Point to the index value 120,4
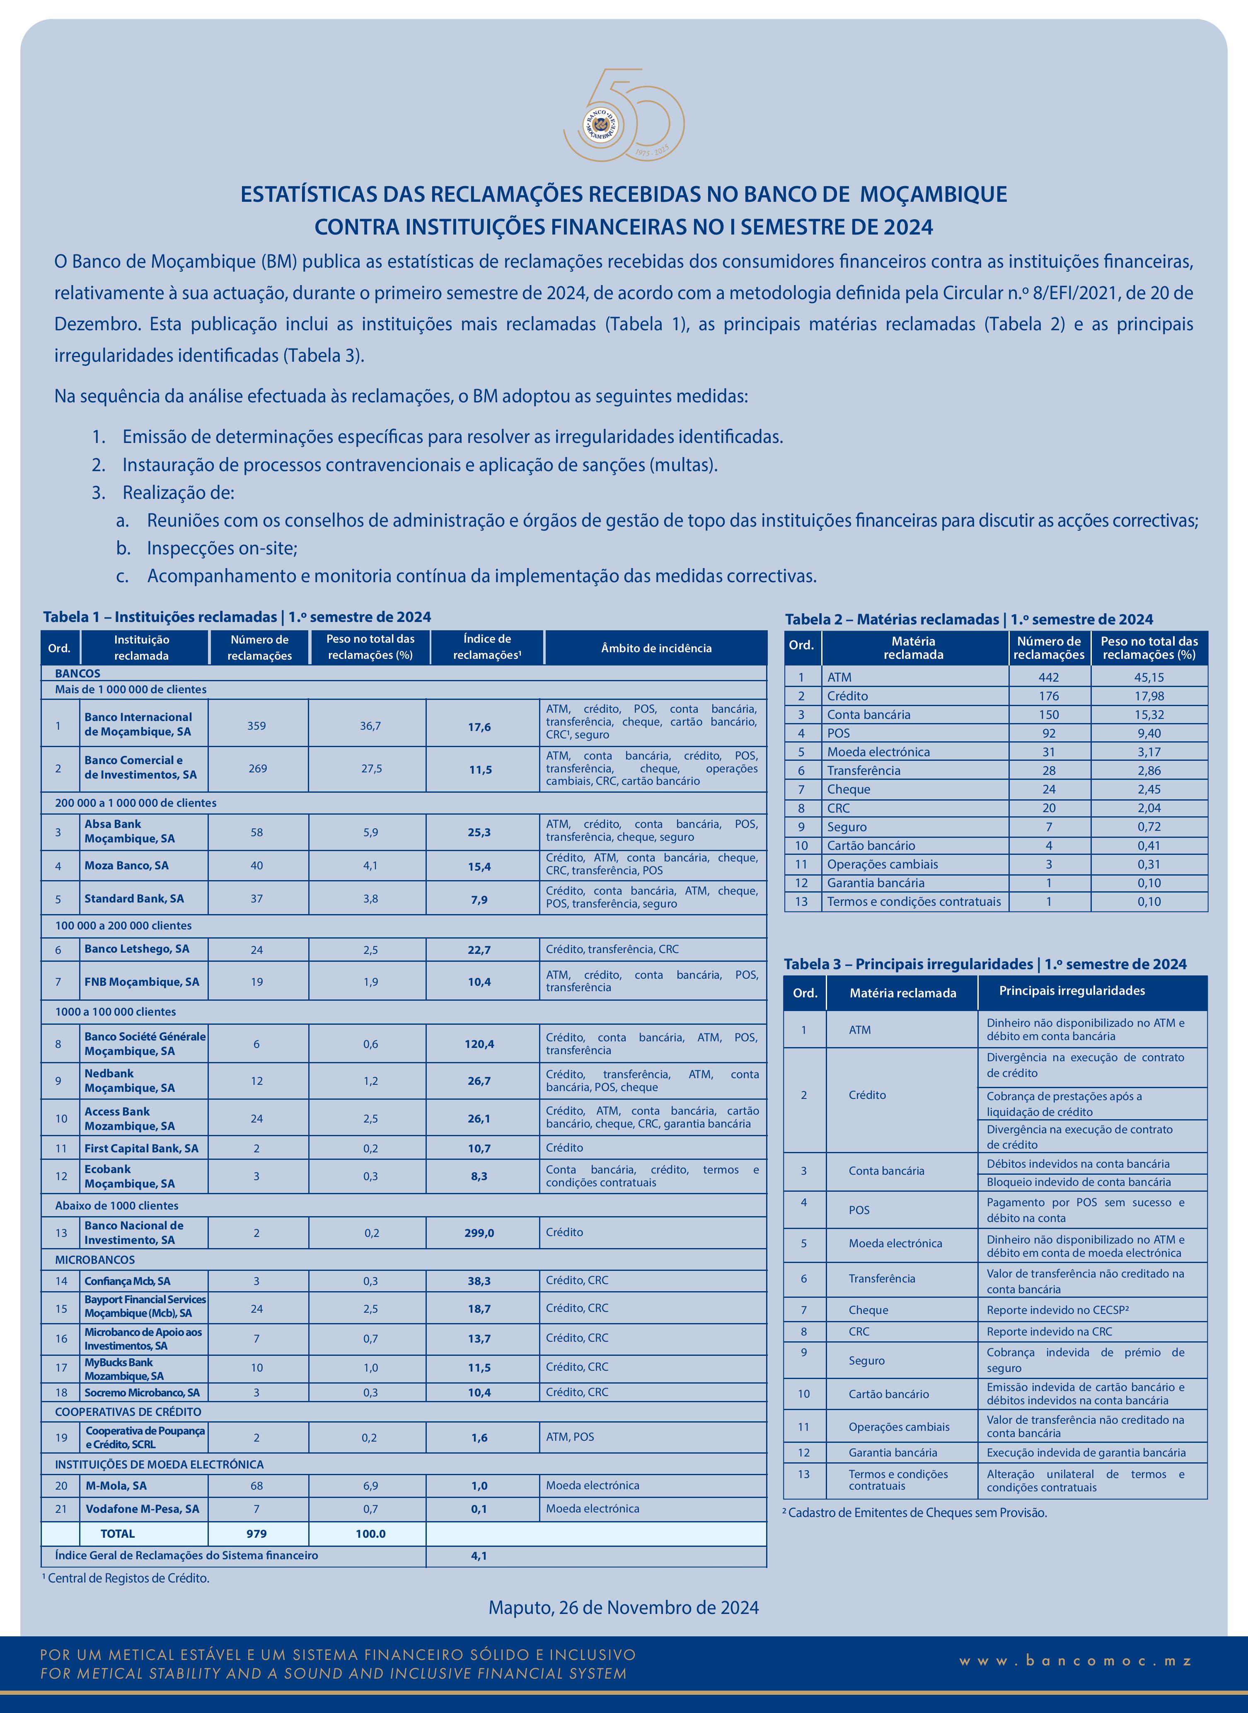click(x=479, y=1044)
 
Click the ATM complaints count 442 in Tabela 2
click(x=1049, y=677)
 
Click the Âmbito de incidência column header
click(x=656, y=648)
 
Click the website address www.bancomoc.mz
click(x=1076, y=1660)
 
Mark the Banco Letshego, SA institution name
click(x=137, y=948)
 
